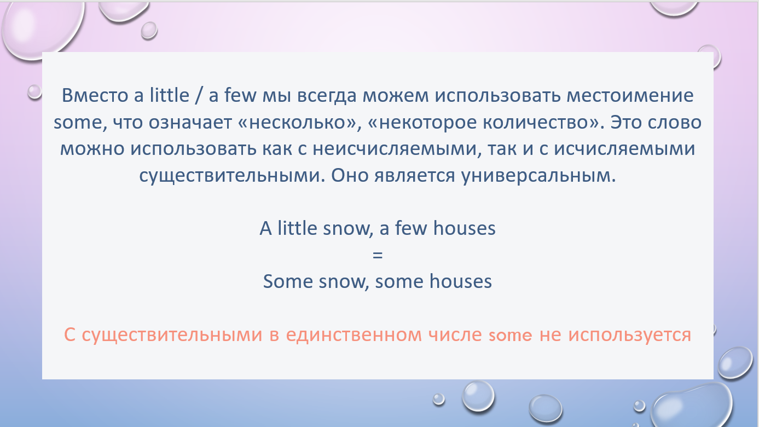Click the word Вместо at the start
[95, 95]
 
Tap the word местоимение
[630, 96]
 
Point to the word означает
[190, 123]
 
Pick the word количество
[535, 123]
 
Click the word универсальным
[538, 176]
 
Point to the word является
[415, 176]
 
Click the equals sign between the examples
[378, 255]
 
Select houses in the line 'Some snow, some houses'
[460, 281]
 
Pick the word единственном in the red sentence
[354, 335]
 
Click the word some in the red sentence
[511, 336]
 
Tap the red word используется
[629, 336]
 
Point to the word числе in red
[455, 335]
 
